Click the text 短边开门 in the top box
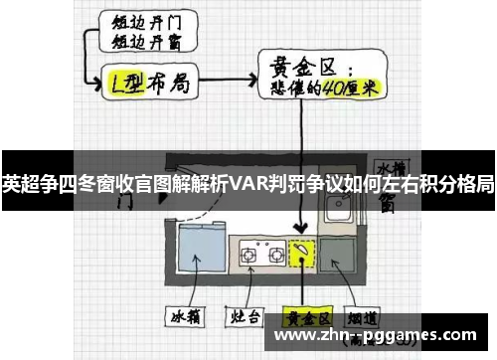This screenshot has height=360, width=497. (x=142, y=22)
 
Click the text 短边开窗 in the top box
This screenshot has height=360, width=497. (x=141, y=42)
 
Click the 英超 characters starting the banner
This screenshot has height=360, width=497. (x=16, y=182)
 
